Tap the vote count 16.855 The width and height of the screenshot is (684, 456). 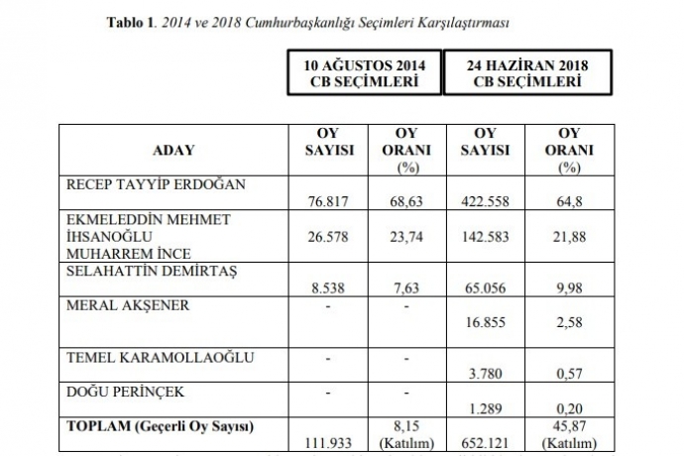(x=486, y=320)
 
